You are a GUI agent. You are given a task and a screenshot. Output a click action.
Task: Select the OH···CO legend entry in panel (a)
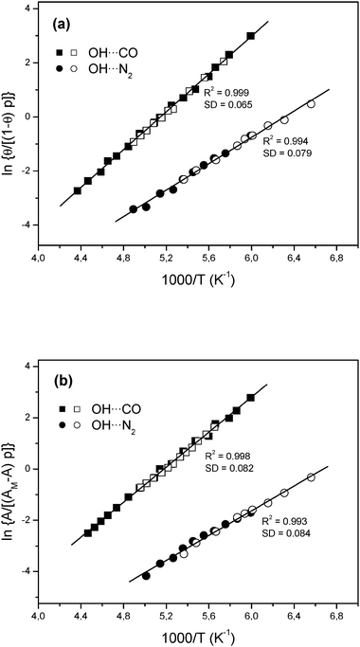click(107, 51)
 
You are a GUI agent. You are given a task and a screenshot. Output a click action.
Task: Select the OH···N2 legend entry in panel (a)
click(107, 69)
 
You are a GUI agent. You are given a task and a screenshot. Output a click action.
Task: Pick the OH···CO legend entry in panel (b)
click(107, 382)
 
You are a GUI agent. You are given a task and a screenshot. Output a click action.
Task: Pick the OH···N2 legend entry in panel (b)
click(107, 401)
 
